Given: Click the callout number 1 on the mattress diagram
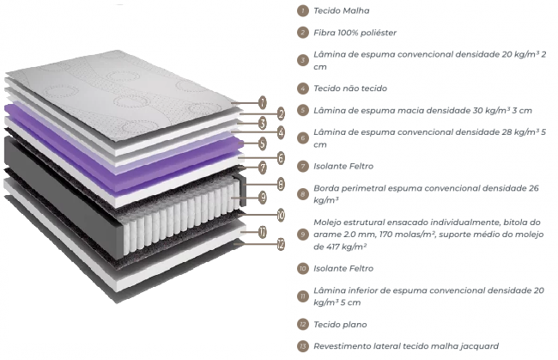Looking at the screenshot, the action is tap(263, 102).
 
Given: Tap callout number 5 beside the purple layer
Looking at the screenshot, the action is tap(263, 143).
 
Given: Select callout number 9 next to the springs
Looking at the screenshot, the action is tap(263, 197).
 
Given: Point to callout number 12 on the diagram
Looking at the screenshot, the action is tap(281, 244).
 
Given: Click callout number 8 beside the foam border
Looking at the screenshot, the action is tap(281, 184).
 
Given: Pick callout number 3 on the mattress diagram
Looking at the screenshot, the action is tap(263, 123).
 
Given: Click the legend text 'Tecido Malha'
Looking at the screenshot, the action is tap(342, 10).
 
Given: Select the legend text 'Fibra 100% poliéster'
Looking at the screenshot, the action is tap(355, 33).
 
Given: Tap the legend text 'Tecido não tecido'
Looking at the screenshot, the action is tap(350, 88).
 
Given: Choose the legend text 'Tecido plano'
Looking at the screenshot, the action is tap(340, 325).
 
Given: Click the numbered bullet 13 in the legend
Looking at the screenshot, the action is tap(303, 346).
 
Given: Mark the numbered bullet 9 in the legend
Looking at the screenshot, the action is tap(303, 235).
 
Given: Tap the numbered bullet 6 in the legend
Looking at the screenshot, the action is tap(303, 138).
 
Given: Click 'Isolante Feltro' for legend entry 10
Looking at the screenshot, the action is tap(343, 268).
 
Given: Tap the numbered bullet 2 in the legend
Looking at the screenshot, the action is tap(303, 33).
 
